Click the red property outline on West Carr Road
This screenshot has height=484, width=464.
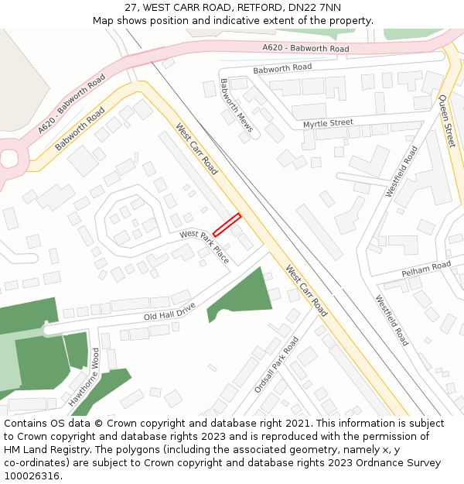point(227,225)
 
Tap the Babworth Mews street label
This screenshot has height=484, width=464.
point(236,106)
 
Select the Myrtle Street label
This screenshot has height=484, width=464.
point(328,123)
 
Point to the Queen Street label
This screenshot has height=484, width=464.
point(447,121)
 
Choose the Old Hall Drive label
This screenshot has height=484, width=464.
point(169,312)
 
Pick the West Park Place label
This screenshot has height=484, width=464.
point(205,245)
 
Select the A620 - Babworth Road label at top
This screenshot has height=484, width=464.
point(305,49)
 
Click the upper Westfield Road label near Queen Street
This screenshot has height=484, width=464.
point(402,170)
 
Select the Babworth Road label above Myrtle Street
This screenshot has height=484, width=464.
point(282,68)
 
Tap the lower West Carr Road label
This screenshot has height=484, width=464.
point(306,290)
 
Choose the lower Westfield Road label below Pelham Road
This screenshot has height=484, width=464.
point(392,320)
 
